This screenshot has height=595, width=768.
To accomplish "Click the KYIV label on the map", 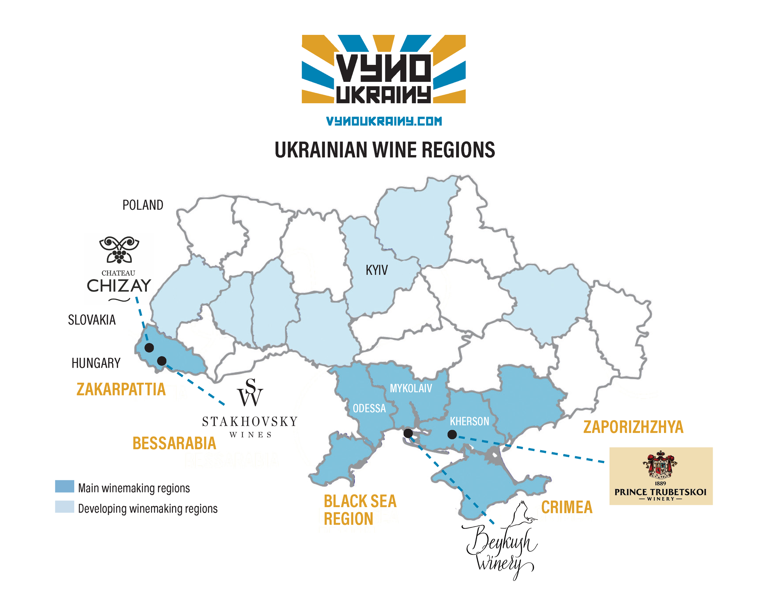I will click(x=376, y=270).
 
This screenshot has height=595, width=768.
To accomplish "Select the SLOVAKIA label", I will click(x=92, y=320).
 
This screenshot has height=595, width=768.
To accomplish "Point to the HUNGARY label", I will click(x=96, y=363).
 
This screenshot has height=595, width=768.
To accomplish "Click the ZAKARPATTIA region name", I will click(x=121, y=389).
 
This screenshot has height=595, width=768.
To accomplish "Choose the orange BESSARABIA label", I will click(x=174, y=443).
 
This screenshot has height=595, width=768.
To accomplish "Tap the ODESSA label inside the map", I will click(x=369, y=409).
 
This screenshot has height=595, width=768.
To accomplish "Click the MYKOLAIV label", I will click(x=411, y=388).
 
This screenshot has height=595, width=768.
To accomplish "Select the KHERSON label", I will click(x=469, y=421).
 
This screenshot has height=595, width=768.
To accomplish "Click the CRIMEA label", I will click(x=566, y=507).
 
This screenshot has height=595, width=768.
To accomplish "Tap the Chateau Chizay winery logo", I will click(x=119, y=269).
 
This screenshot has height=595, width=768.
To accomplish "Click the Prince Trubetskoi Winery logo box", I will click(x=660, y=476).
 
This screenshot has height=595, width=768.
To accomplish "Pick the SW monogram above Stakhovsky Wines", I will click(x=250, y=392).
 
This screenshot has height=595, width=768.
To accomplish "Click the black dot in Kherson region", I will click(x=452, y=435).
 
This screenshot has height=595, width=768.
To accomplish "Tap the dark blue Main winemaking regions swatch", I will click(x=64, y=487).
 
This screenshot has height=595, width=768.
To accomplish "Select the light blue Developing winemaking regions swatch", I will click(x=64, y=507).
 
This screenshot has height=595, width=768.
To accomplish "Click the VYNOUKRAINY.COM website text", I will click(x=384, y=121).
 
